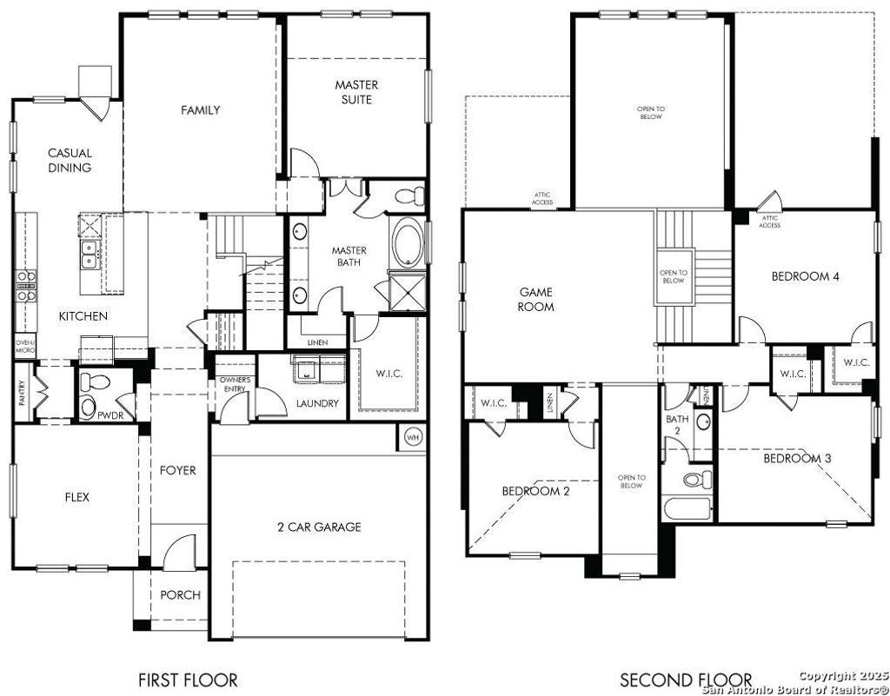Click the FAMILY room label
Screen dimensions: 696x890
(200, 110)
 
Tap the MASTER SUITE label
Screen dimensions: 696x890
(356, 92)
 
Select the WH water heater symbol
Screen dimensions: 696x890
(412, 437)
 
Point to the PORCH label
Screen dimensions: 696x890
(180, 595)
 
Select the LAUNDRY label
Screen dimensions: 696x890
(317, 403)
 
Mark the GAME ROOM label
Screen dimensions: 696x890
(535, 300)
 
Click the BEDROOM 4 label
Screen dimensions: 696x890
(805, 276)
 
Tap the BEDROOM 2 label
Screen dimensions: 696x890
(535, 491)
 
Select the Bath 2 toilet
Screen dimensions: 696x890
(696, 479)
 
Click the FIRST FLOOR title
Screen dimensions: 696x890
(188, 679)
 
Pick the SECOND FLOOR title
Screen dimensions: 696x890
(686, 679)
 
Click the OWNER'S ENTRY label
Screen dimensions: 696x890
(235, 384)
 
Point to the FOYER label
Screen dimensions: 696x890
(178, 470)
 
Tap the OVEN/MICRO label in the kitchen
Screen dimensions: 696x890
(24, 347)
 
